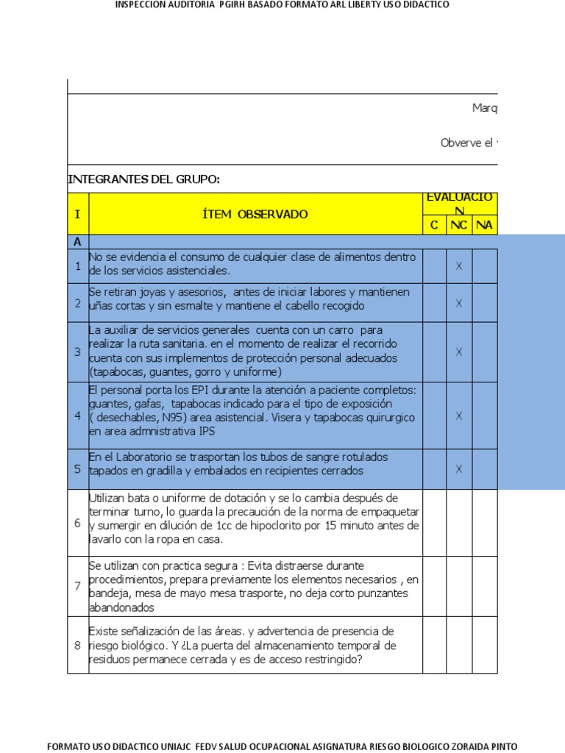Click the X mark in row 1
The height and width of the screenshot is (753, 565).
458,265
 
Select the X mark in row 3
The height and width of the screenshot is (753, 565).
458,351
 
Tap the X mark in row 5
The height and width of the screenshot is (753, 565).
458,468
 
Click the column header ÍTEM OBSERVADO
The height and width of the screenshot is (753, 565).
255,214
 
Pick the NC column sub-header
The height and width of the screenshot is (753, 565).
458,225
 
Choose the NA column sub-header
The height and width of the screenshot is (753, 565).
484,225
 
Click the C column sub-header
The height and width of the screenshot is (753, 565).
434,225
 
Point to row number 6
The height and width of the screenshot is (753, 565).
77,523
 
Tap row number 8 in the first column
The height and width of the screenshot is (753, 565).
77,646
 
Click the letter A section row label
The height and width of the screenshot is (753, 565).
77,241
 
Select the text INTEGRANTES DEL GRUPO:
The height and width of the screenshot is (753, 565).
143,180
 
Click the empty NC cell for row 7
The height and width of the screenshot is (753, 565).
458,586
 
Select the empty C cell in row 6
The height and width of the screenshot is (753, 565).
434,523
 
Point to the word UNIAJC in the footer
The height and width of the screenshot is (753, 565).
169,746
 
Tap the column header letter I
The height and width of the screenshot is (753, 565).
77,214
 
